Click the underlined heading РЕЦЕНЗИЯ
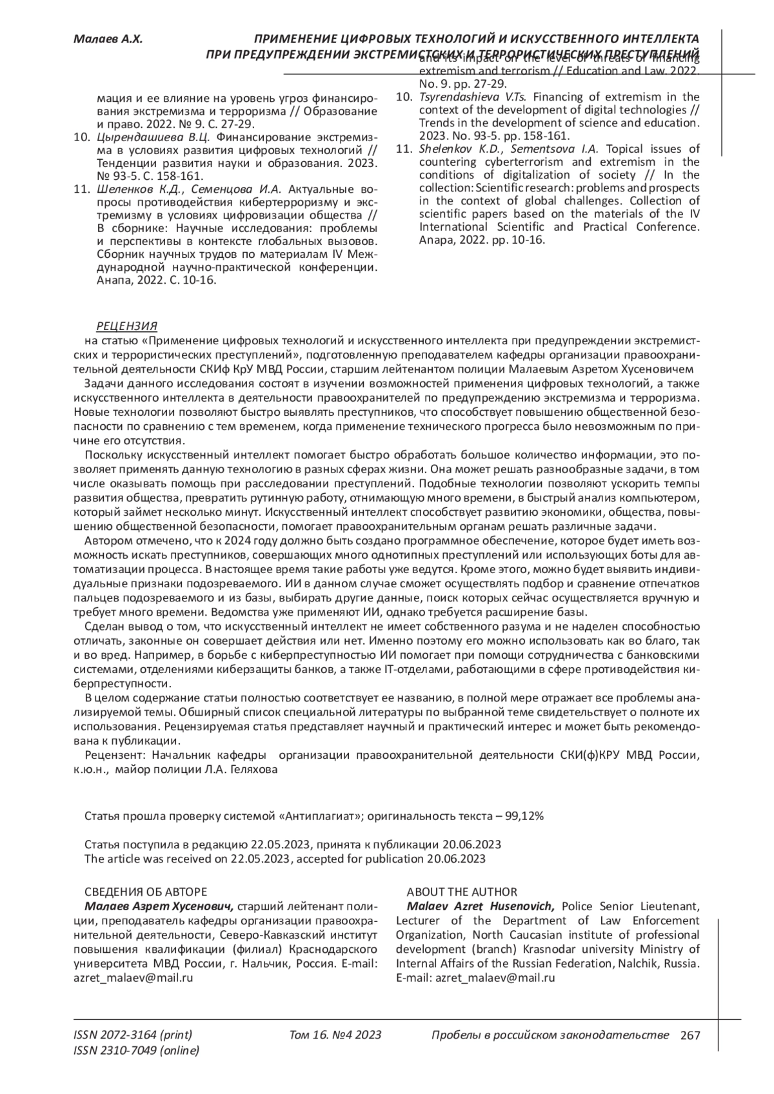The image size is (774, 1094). [126, 326]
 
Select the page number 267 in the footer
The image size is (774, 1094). [690, 1036]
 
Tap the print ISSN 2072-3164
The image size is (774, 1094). [134, 1035]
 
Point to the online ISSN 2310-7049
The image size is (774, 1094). [137, 1051]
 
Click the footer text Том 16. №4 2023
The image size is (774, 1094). [335, 1035]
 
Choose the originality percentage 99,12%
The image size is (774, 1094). [524, 816]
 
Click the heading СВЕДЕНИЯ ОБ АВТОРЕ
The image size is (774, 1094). [146, 892]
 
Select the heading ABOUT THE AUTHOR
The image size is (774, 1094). [461, 892]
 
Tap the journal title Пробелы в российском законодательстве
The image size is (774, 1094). [550, 1035]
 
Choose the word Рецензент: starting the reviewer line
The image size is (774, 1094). [112, 755]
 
